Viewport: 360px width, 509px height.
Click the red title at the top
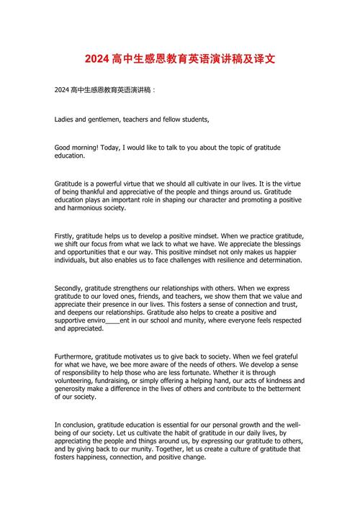(179, 58)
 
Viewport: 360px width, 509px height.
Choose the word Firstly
(66, 236)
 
